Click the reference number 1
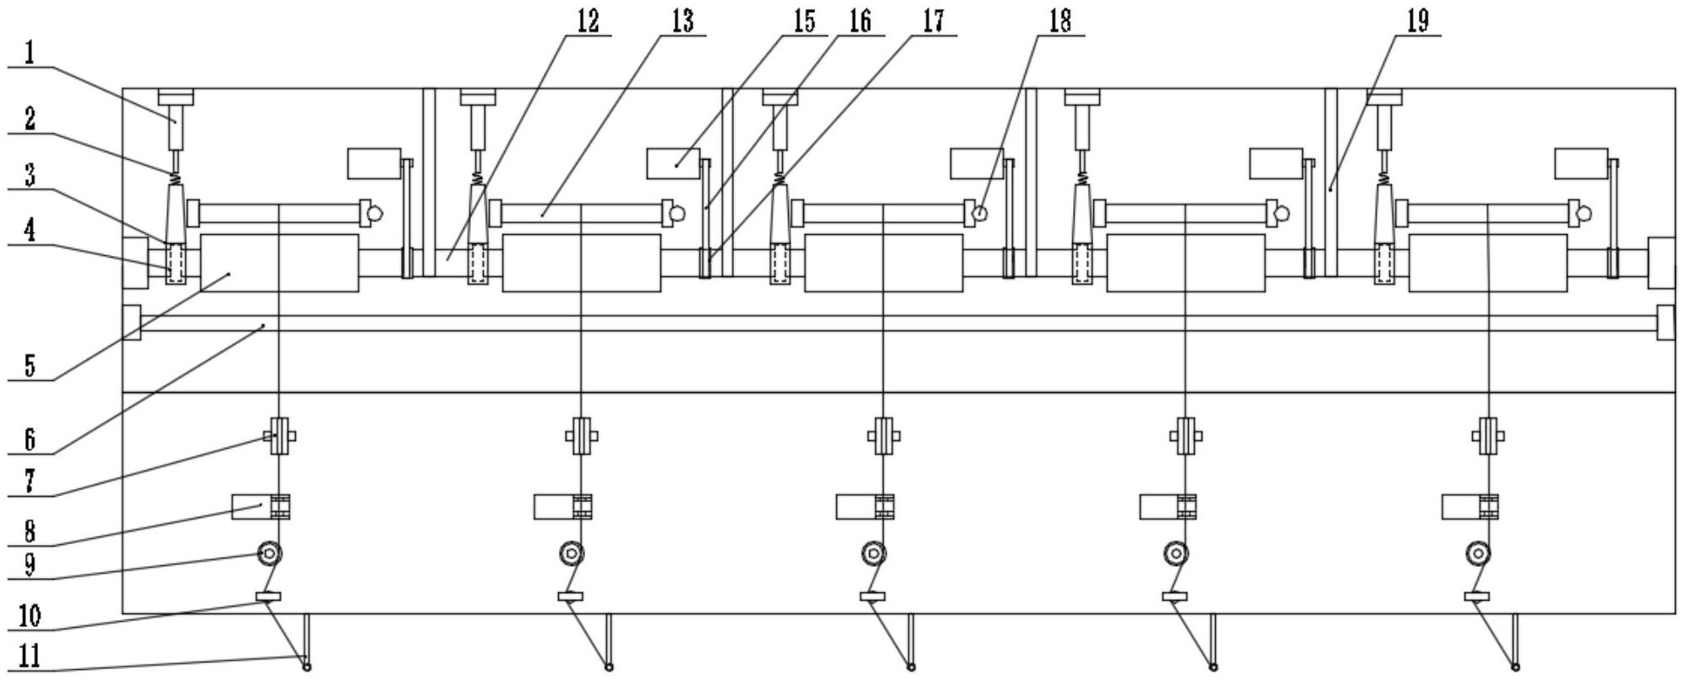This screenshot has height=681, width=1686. pos(29,55)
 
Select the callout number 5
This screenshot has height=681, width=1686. pos(30,367)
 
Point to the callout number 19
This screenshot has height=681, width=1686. pos(1417,22)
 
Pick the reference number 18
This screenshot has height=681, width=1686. pos(1059,22)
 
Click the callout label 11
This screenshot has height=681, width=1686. pos(29,656)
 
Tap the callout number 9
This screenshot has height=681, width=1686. pos(29,564)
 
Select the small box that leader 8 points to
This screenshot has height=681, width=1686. pos(252,507)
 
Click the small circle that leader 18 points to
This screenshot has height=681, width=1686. pos(979,214)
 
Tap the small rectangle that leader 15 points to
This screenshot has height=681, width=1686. pos(673,164)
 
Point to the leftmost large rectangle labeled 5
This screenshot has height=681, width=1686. pos(279,264)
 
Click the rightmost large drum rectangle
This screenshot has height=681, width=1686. pos(1487,264)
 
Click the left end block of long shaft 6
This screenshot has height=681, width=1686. pos(132,323)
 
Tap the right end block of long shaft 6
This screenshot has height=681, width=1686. pos(1665,323)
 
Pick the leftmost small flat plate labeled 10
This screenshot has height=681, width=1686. pos(268,597)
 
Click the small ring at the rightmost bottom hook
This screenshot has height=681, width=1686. pos(1516,667)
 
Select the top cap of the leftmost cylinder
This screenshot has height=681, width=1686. pos(176,97)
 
